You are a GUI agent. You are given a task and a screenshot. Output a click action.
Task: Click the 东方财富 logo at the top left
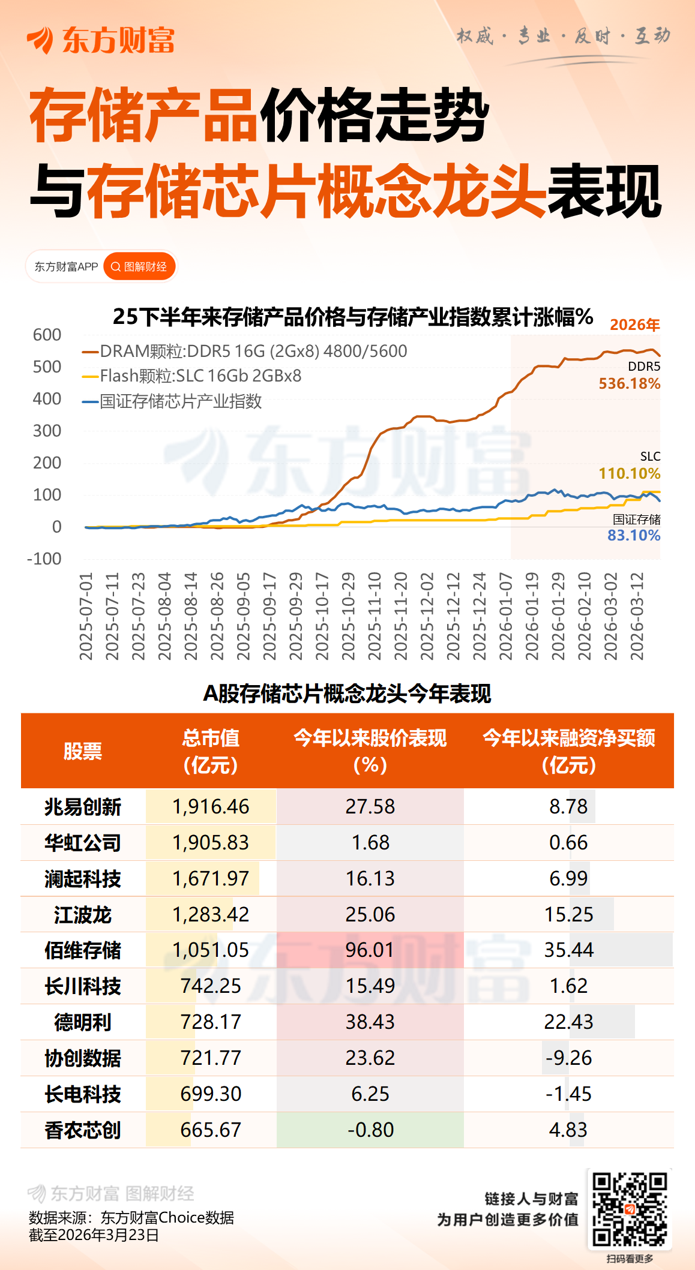(100, 40)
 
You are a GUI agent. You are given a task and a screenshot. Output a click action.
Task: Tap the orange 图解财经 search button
(140, 266)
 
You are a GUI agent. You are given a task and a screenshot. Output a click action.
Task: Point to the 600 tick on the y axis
(47, 335)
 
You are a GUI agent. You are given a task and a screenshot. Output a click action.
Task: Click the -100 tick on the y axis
(44, 559)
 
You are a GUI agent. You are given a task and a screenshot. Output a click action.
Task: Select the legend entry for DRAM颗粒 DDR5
(245, 351)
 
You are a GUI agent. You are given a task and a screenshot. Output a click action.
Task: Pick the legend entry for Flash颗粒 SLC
(192, 376)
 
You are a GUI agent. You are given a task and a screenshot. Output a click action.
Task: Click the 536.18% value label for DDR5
(629, 384)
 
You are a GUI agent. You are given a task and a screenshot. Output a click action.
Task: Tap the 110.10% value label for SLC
(629, 474)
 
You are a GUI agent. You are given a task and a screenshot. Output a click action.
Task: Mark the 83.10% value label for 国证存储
(633, 536)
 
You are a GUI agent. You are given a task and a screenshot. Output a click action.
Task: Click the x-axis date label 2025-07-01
(86, 616)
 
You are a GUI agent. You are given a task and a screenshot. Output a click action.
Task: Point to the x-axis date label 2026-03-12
(637, 616)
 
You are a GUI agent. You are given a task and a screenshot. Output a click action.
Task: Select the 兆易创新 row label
(83, 807)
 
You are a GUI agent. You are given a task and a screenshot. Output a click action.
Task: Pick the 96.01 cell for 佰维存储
(370, 950)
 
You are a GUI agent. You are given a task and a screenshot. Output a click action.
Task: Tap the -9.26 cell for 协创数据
(568, 1058)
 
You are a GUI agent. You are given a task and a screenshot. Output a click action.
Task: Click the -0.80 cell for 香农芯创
(370, 1130)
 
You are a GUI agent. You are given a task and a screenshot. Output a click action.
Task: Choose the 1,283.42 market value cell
(211, 914)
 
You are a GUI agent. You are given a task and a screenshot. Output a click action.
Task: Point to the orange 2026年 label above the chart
(634, 325)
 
